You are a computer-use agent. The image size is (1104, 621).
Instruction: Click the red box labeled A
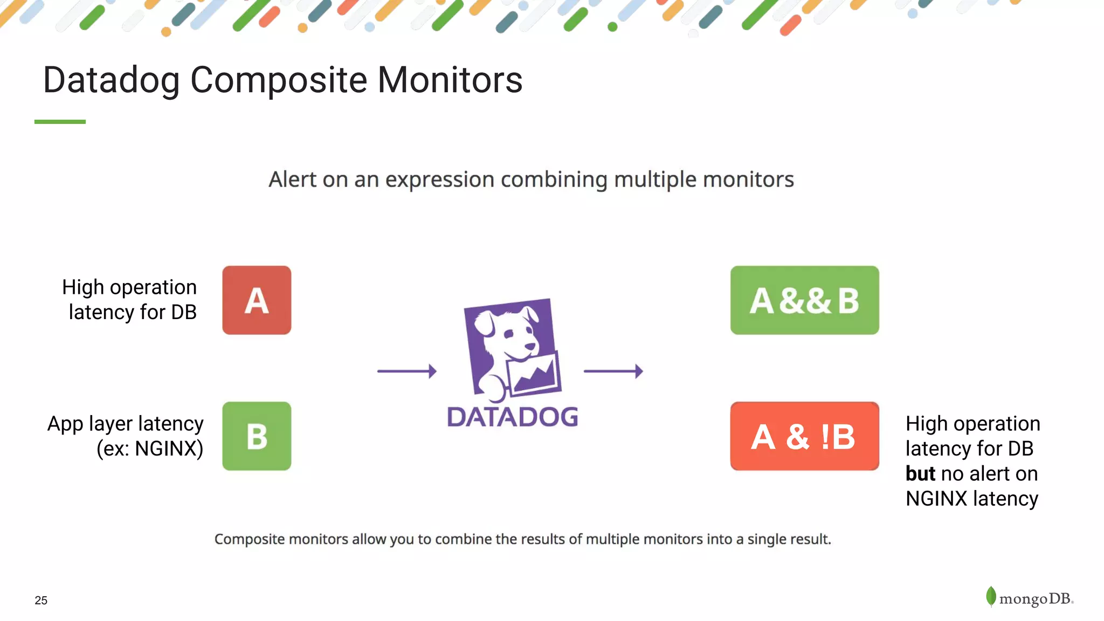257,300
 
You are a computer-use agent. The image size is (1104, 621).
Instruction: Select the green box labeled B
257,436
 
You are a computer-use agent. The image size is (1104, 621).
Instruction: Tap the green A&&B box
804,300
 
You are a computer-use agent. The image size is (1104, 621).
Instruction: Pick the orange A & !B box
804,436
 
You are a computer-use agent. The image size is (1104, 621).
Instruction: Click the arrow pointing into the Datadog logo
406,371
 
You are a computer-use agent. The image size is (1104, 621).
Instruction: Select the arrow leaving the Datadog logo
613,371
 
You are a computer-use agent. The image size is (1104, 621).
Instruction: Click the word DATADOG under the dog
512,417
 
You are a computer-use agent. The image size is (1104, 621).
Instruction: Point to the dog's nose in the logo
531,346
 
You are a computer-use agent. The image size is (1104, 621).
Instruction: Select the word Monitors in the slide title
450,80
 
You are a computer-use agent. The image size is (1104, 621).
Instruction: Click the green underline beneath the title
60,122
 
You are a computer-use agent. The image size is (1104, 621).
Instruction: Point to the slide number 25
41,601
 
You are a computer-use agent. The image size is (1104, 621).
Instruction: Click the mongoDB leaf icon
991,596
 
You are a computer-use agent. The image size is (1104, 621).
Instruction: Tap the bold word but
920,474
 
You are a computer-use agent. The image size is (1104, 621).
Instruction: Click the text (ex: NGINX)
150,448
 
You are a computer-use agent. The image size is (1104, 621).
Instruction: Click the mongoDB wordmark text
1035,599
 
